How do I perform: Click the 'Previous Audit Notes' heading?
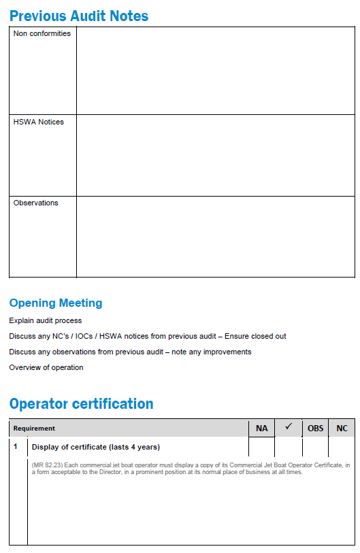[x=79, y=16]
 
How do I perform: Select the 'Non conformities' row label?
[x=42, y=33]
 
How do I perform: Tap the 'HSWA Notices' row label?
[x=39, y=122]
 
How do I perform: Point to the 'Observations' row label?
[x=36, y=203]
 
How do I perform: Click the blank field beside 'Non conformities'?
[x=215, y=71]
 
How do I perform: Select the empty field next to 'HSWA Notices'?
[x=215, y=155]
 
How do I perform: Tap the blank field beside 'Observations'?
[x=215, y=236]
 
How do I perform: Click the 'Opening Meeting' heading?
[x=56, y=303]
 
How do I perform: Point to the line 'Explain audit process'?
[x=46, y=320]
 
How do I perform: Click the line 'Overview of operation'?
[x=46, y=367]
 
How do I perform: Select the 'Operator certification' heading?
[x=82, y=404]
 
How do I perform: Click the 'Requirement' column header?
[x=34, y=429]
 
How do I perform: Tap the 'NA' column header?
[x=261, y=429]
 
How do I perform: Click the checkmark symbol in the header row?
[x=289, y=427]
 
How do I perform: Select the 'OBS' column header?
[x=316, y=429]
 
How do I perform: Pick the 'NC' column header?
[x=342, y=429]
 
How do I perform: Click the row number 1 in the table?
[x=16, y=447]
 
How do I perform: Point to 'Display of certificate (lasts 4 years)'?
[x=95, y=447]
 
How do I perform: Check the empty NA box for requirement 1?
[x=261, y=447]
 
